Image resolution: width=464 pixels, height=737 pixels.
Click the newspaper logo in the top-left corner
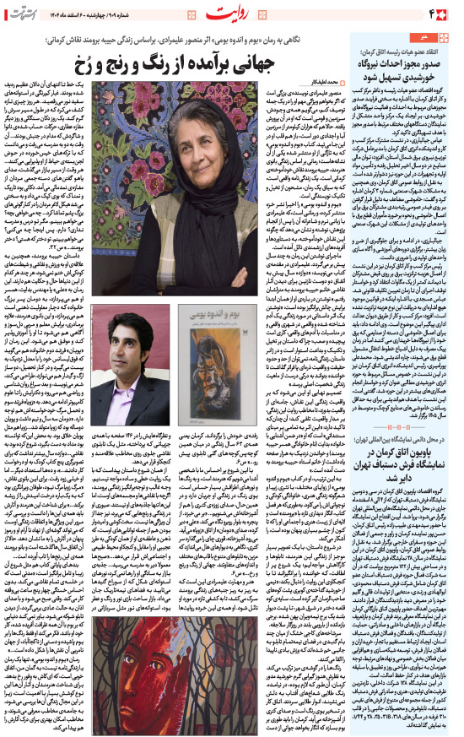(23, 13)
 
